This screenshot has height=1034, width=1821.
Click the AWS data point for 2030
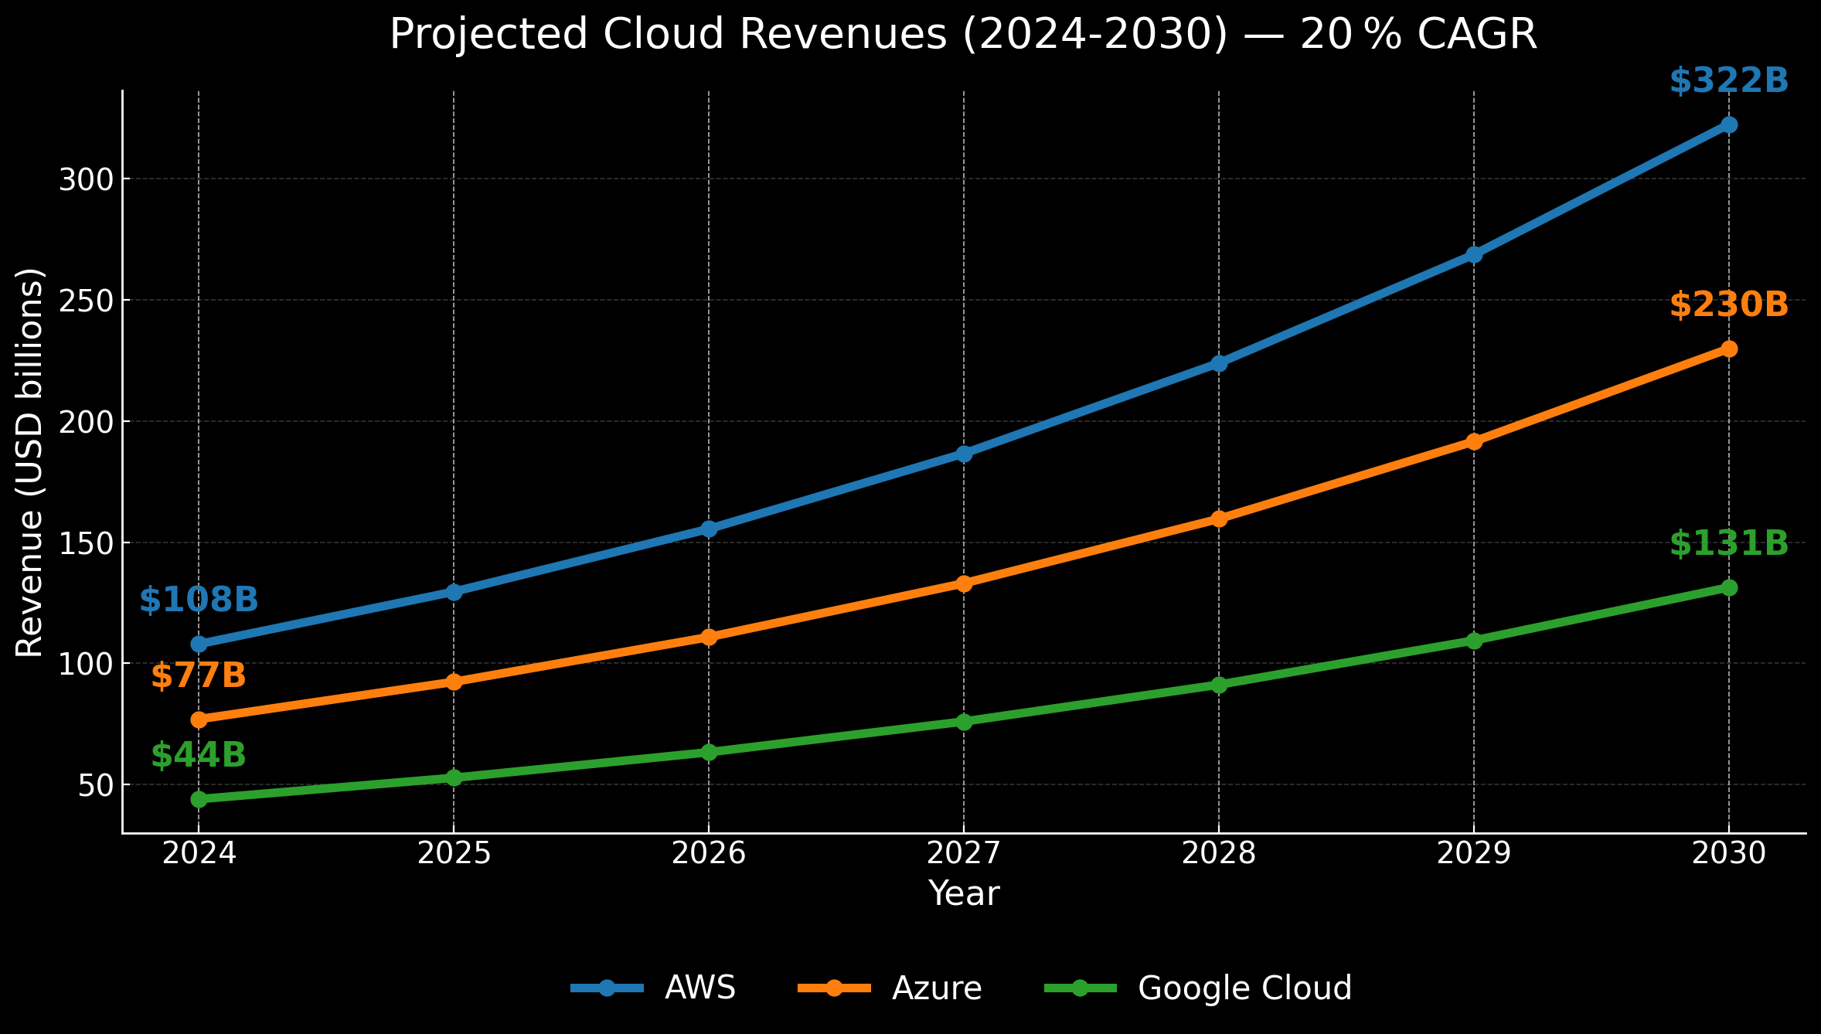[1729, 125]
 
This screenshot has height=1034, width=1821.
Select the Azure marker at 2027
[964, 583]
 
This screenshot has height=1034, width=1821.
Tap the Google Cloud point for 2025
[454, 777]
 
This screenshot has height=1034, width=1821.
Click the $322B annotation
[1729, 81]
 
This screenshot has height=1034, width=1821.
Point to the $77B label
[199, 676]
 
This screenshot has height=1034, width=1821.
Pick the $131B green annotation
[1729, 544]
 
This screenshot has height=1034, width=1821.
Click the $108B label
[199, 600]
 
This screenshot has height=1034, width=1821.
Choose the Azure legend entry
[936, 988]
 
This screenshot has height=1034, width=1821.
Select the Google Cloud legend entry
[1244, 988]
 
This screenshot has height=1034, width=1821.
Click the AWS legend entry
[699, 988]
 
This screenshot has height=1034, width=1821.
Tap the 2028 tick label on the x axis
[1219, 854]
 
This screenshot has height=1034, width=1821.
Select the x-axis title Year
[964, 894]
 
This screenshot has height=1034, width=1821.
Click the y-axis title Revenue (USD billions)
[31, 462]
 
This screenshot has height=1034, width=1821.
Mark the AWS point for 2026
[709, 529]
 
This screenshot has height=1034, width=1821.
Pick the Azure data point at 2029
[1474, 442]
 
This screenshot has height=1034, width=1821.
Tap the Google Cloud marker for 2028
[1219, 685]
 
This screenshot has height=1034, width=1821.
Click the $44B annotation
[199, 755]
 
